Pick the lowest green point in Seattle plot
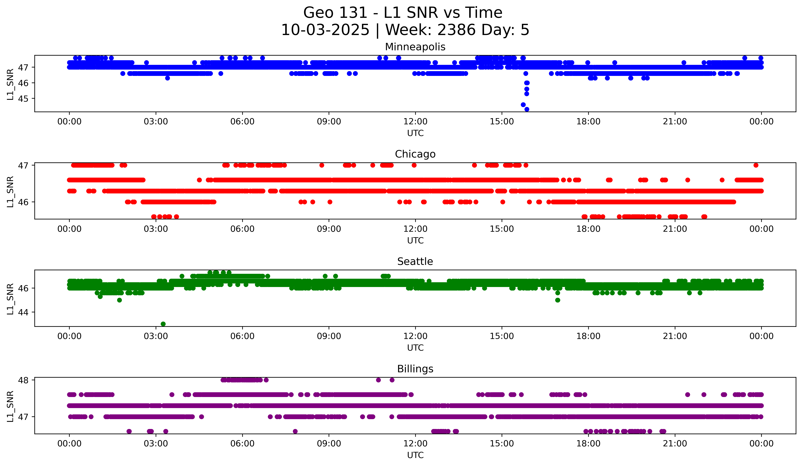[163, 324]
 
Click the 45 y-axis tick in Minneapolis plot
[23, 99]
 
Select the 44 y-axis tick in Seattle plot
[23, 312]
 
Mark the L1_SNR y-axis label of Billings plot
[10, 406]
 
